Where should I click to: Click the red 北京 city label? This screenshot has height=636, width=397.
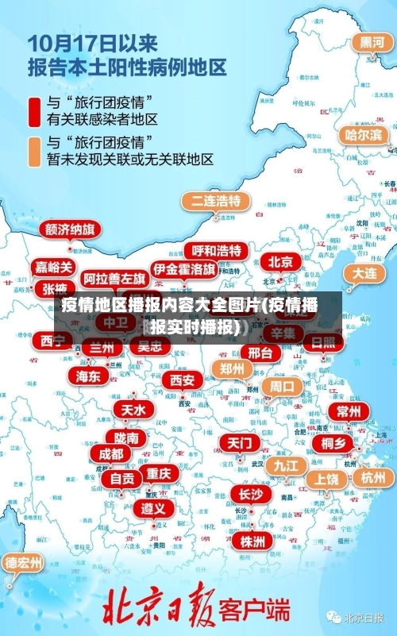[279, 262]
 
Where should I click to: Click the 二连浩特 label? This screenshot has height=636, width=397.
[215, 200]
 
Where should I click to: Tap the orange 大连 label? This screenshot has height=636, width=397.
[365, 272]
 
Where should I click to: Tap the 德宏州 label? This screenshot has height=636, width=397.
[24, 563]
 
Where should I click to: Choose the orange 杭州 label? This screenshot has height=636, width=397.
[372, 477]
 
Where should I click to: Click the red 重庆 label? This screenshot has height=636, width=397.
[159, 473]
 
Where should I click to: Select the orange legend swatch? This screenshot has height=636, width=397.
[34, 151]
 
